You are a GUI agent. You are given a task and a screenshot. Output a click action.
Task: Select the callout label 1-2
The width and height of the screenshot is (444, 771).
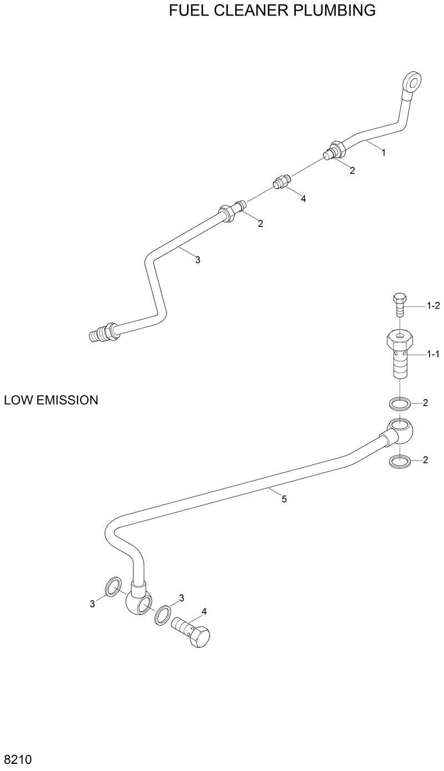[433, 305]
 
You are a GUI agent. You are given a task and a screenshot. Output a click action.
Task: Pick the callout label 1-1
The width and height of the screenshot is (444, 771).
[433, 353]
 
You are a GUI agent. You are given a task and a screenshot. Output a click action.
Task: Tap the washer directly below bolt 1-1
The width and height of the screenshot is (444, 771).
[400, 402]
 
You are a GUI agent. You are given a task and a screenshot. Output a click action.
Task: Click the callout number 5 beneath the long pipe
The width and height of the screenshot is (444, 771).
[284, 499]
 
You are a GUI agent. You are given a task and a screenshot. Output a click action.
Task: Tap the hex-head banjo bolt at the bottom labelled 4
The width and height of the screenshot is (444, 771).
[194, 633]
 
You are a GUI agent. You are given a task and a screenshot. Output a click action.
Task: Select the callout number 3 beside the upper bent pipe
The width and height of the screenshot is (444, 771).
[197, 259]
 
